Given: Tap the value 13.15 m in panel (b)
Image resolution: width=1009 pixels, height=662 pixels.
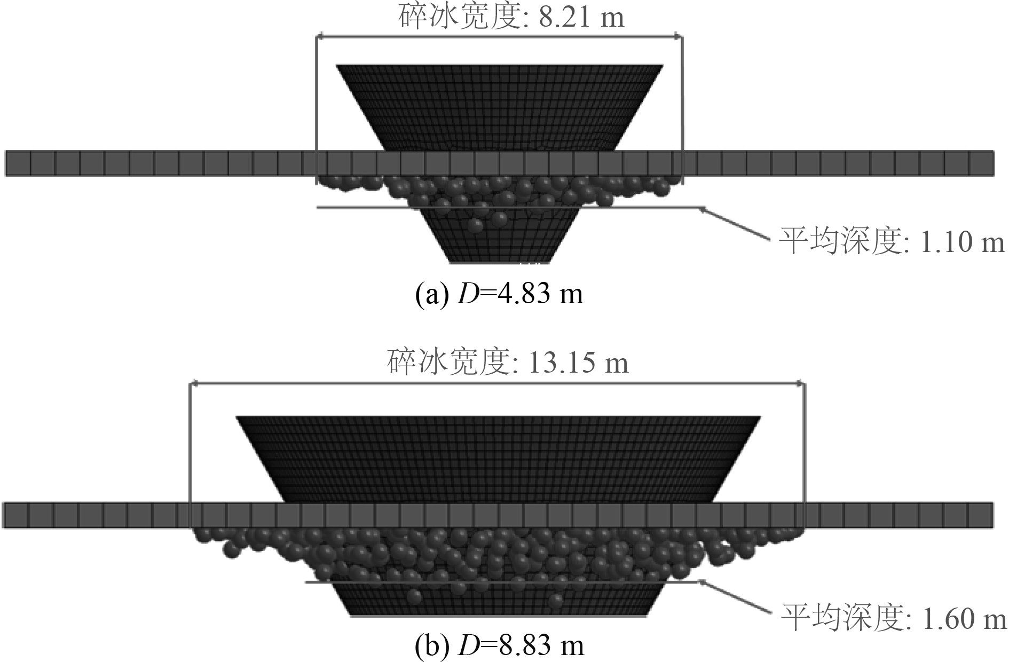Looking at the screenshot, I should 578,362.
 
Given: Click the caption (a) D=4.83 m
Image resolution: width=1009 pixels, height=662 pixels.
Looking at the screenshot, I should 499,294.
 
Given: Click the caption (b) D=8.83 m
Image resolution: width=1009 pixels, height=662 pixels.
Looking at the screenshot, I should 499,647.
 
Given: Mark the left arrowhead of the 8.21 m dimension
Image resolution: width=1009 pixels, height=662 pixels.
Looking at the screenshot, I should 318,36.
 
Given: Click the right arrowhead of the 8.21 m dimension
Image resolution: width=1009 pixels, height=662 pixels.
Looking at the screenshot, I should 679,36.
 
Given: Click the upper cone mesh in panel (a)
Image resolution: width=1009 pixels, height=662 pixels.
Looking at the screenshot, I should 499,107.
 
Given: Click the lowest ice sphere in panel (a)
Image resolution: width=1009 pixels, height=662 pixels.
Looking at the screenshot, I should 477,226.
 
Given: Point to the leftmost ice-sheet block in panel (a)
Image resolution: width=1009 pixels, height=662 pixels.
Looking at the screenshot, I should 18,163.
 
